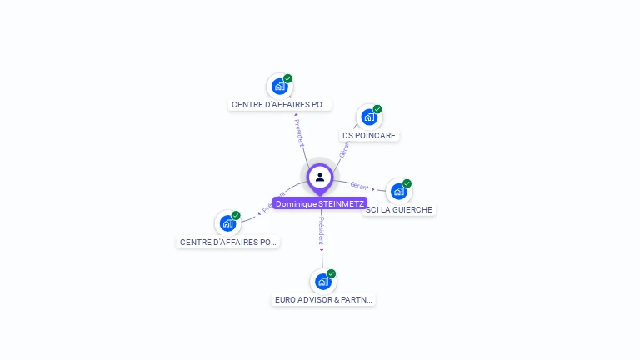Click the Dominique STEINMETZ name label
[x=320, y=203]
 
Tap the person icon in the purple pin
[x=320, y=177]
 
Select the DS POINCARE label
[x=370, y=135]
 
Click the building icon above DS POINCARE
[x=368, y=117]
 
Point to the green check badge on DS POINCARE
[x=377, y=109]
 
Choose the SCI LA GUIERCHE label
[x=399, y=209]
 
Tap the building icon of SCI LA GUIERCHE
[x=398, y=192]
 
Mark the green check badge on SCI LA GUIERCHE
[x=407, y=183]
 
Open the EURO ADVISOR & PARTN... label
[x=324, y=299]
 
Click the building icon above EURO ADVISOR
[x=322, y=282]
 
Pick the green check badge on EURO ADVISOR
[x=332, y=273]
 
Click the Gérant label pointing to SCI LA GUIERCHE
[x=359, y=186]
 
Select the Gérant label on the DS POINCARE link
[x=343, y=150]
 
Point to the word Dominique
[x=297, y=203]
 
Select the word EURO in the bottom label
[x=286, y=299]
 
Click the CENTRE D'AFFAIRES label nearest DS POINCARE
[x=280, y=105]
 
